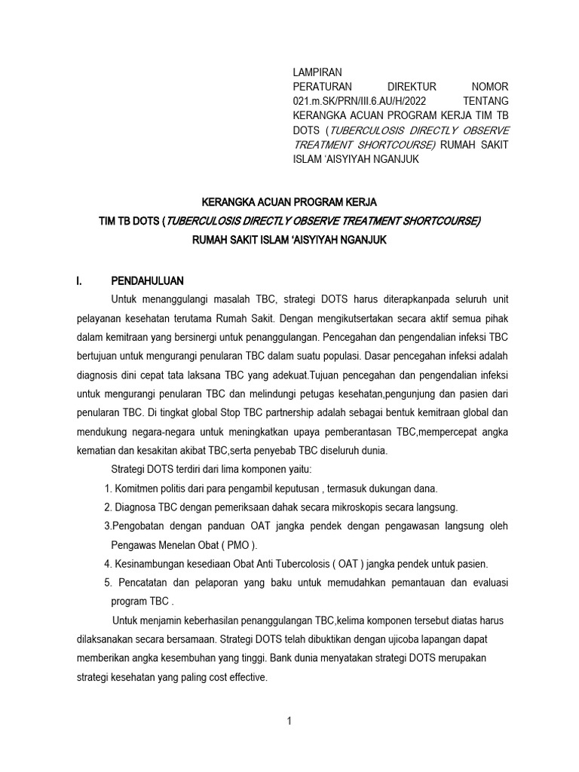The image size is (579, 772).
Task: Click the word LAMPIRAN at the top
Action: tap(317, 72)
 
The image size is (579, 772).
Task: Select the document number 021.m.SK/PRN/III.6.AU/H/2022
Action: tap(357, 101)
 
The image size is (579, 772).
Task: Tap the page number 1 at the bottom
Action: tap(289, 721)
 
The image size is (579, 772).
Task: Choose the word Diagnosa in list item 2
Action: tap(137, 507)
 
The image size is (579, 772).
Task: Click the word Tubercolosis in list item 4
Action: tap(283, 563)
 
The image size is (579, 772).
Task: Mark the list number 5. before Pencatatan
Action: tap(108, 582)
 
